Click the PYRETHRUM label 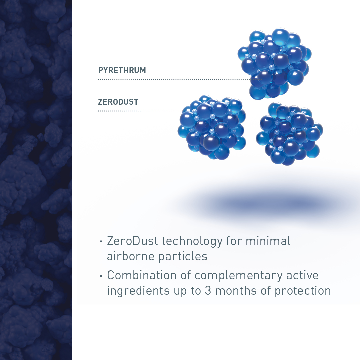coord(122,70)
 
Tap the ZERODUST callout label coord(118,102)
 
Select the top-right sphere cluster coord(275,64)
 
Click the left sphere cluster coord(212,127)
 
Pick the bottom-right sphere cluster coord(290,134)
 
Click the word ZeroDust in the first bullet coord(132,241)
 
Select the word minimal coord(268,241)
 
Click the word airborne coord(131,256)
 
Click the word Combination coord(142,275)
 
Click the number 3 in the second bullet coord(208,290)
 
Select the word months coord(236,290)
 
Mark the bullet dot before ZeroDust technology coord(101,241)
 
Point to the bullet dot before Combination coord(101,276)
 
